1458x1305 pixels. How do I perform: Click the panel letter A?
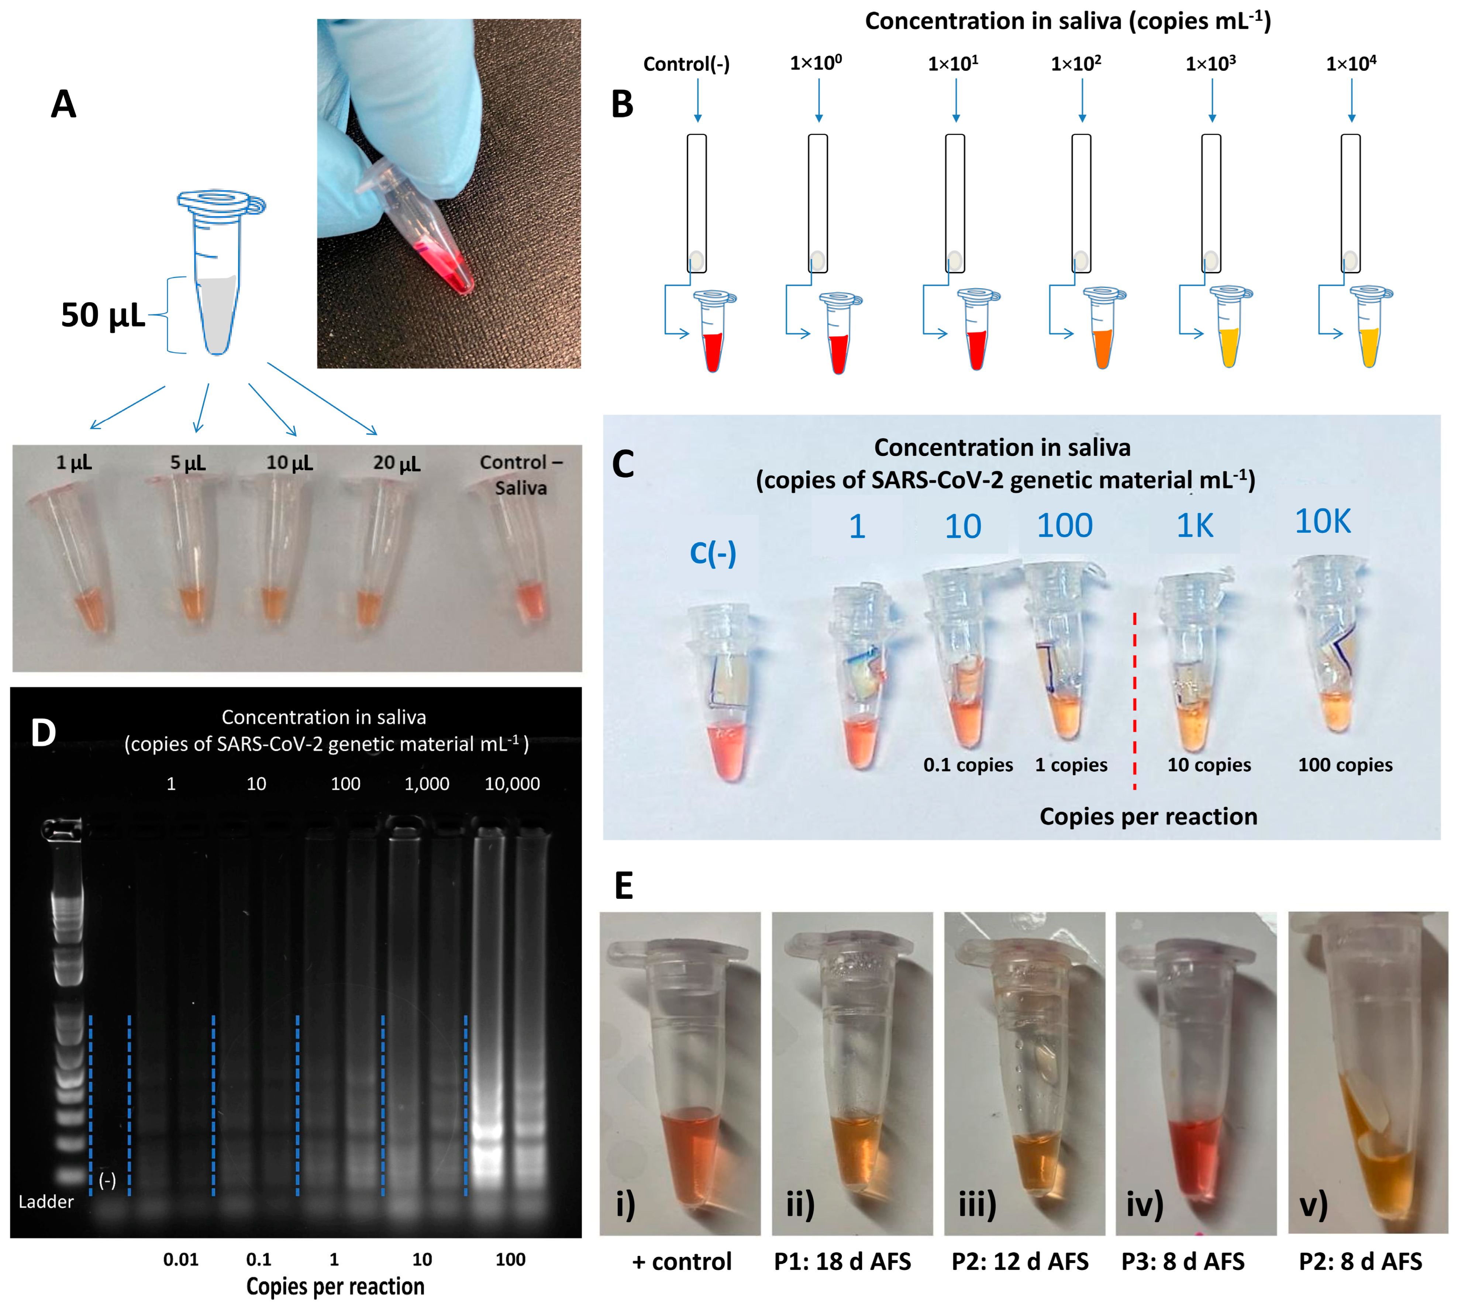click(63, 105)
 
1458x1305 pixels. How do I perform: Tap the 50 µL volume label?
click(103, 315)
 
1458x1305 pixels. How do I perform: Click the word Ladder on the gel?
click(46, 1202)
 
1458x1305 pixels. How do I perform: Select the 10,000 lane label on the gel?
click(512, 784)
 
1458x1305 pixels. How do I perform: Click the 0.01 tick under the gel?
click(181, 1260)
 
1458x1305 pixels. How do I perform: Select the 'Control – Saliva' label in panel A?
click(521, 475)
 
